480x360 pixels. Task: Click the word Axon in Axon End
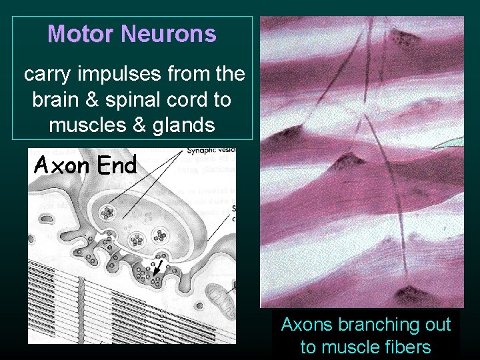(x=62, y=164)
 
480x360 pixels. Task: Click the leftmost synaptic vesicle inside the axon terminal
(x=106, y=213)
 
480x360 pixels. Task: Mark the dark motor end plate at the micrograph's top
(x=407, y=33)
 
